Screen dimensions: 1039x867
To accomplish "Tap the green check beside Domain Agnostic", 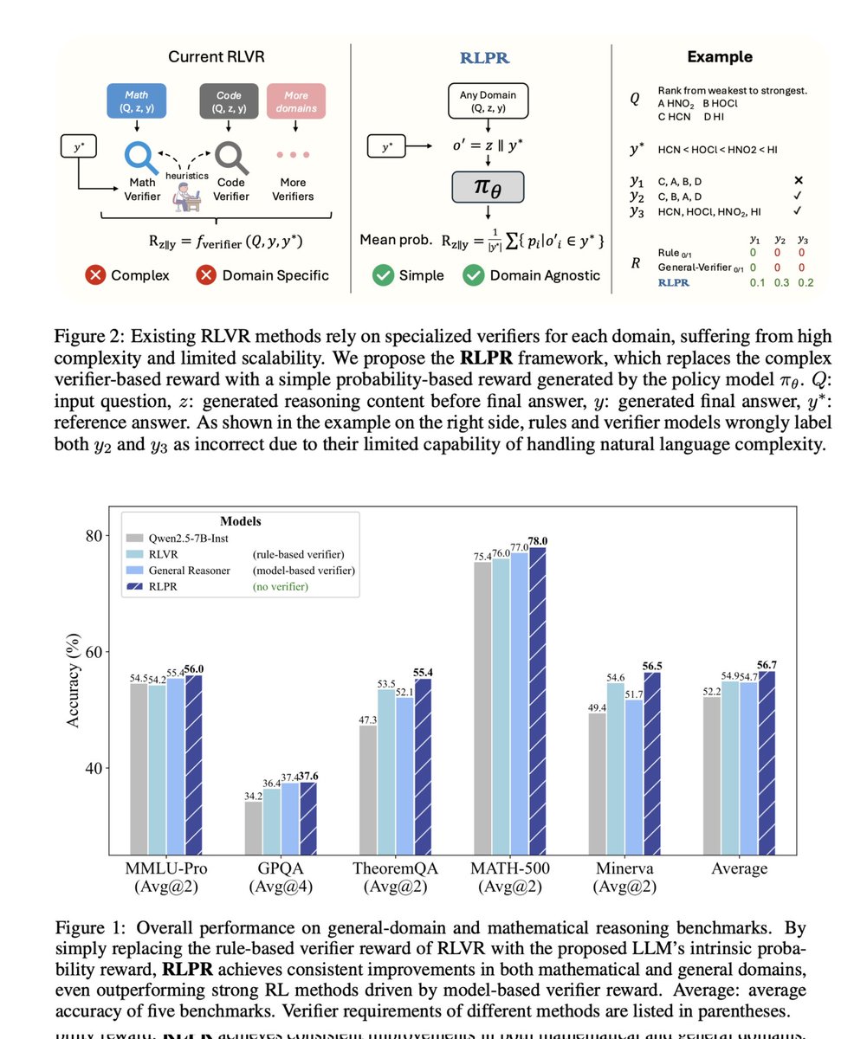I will coord(473,275).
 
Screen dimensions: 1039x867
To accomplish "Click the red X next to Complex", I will coord(96,275).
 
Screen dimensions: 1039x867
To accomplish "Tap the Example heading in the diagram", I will coord(720,57).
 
